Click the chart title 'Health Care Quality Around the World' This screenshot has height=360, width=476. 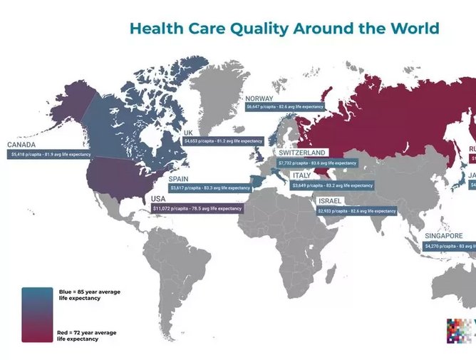[x=284, y=29]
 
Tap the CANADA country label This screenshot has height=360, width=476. [x=22, y=144]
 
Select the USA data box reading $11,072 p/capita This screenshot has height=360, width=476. [x=196, y=209]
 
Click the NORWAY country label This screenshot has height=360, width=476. [x=260, y=98]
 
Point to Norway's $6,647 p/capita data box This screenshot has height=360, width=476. [x=284, y=107]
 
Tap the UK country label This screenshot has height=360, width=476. [x=189, y=133]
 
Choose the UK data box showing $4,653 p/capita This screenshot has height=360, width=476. [x=223, y=142]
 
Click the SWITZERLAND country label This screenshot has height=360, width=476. [x=302, y=153]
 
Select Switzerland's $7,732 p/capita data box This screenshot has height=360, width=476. [x=318, y=163]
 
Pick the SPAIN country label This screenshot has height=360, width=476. [x=179, y=179]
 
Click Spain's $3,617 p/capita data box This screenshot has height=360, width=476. [x=209, y=188]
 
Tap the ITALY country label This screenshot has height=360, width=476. [x=301, y=175]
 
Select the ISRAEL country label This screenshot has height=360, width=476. [x=331, y=201]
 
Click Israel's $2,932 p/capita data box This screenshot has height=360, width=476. [x=357, y=211]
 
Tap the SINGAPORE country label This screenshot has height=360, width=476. [x=444, y=236]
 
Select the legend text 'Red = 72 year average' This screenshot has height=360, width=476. [x=86, y=333]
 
